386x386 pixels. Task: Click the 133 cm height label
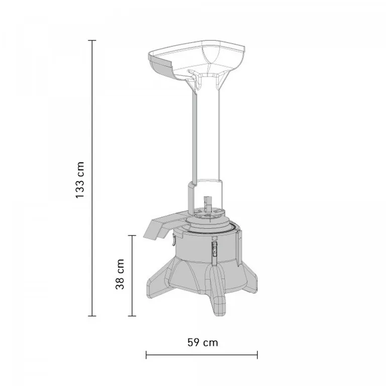80,180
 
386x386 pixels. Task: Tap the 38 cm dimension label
120,274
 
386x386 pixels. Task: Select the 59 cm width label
203,342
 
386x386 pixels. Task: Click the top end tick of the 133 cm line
92,40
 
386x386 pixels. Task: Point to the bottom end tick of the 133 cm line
92,316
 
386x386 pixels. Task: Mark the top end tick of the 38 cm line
132,236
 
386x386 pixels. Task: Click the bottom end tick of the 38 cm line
132,316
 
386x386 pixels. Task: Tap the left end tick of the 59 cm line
146,355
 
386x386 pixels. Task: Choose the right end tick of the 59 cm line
257,355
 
